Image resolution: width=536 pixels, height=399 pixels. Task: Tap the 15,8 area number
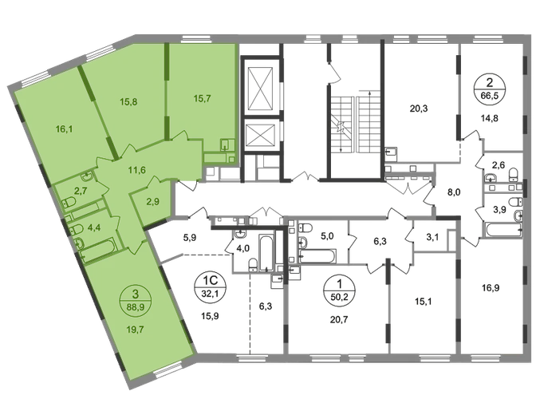129,101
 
